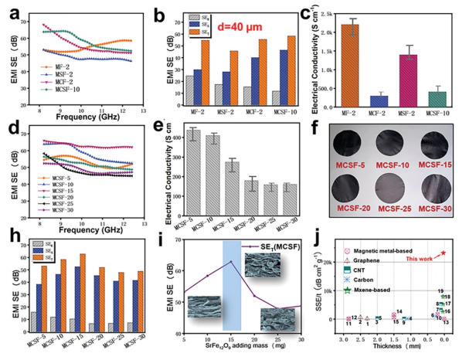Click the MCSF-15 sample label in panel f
pyautogui.click(x=436, y=165)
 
